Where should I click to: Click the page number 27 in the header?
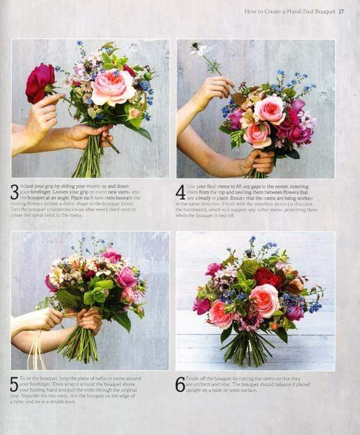point(341,11)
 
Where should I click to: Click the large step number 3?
point(14,192)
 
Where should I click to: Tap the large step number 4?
point(180,192)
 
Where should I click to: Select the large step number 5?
point(14,385)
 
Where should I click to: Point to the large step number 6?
point(180,385)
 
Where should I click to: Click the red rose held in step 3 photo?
point(40,83)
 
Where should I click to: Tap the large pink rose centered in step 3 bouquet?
point(113,86)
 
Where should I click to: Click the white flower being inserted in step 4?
point(198,49)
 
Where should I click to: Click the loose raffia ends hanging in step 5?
point(37,354)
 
